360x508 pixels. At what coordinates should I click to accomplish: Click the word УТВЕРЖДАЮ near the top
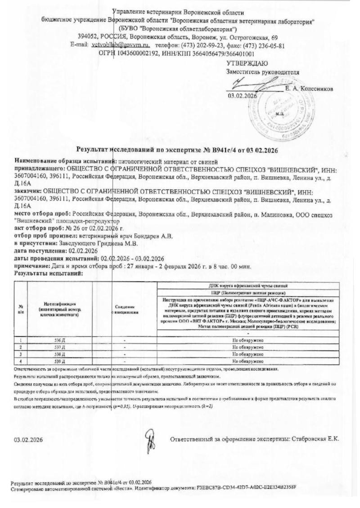click(247, 63)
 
